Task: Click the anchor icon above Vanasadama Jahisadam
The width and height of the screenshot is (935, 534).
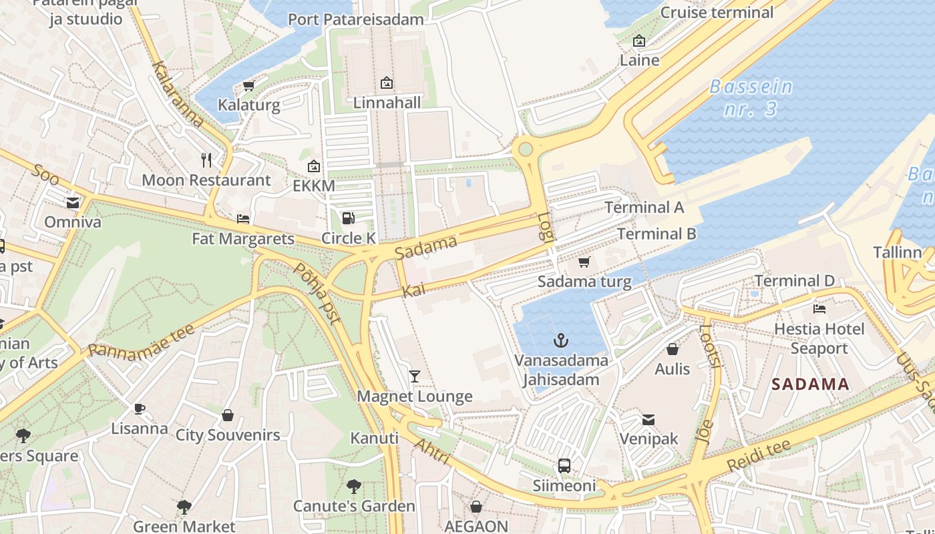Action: click(x=561, y=341)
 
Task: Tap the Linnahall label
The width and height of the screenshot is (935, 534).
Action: click(x=387, y=103)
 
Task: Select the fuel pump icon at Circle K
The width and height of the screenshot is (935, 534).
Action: click(x=348, y=218)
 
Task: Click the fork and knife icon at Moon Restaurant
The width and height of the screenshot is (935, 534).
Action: click(x=206, y=160)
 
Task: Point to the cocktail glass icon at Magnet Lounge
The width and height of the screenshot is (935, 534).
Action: click(x=414, y=376)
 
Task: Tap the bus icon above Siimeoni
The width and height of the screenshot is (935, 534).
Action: click(x=564, y=465)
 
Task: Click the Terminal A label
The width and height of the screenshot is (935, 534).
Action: click(x=644, y=208)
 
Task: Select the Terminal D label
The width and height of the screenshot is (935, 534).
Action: click(x=794, y=281)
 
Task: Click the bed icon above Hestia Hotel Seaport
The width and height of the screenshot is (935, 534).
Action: click(x=819, y=309)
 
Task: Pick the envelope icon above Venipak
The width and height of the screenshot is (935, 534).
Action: click(x=648, y=419)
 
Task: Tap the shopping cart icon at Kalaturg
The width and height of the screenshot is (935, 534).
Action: click(x=248, y=85)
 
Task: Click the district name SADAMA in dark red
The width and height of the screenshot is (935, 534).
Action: click(x=810, y=384)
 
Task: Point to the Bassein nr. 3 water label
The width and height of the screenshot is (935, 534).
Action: click(x=751, y=98)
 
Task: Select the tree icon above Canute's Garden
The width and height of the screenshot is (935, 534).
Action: click(x=354, y=487)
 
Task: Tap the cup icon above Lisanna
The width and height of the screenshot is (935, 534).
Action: click(x=139, y=409)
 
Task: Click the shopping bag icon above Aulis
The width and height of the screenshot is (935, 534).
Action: click(x=672, y=349)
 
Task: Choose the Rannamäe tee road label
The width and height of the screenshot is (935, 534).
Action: click(x=141, y=341)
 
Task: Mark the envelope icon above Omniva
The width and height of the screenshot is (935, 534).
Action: click(x=73, y=202)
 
